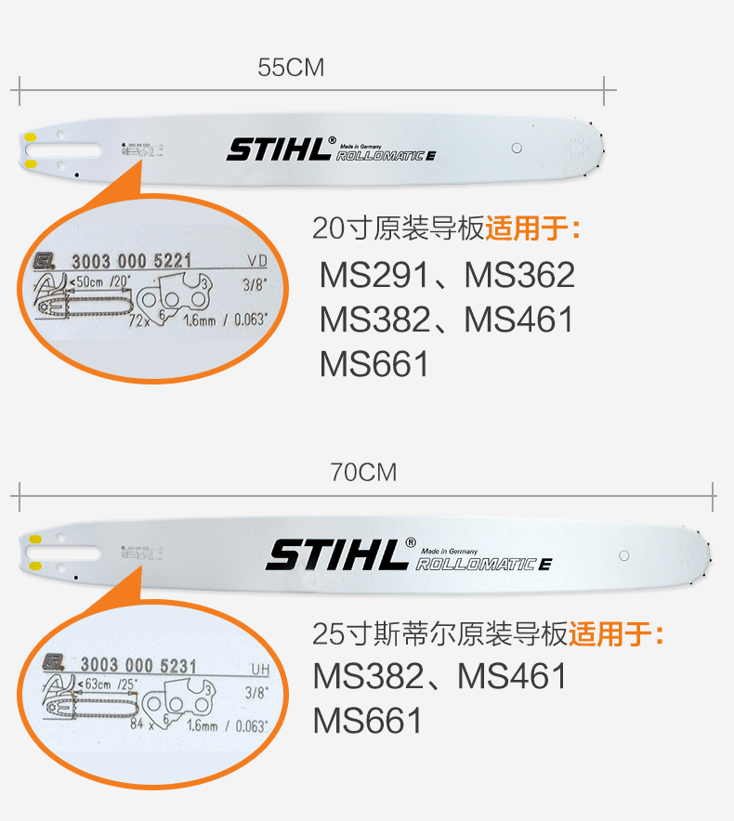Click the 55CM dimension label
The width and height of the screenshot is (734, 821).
click(291, 68)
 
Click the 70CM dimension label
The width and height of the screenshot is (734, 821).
click(363, 473)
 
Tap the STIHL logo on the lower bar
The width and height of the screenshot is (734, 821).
click(337, 554)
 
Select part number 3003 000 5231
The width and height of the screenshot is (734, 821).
click(138, 665)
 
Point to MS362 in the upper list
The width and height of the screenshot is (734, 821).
click(519, 275)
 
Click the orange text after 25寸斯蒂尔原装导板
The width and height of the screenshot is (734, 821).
click(617, 635)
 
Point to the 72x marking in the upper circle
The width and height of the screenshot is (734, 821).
click(140, 320)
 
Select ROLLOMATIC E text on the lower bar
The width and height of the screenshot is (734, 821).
click(483, 564)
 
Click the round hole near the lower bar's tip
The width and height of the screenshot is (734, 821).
click(623, 555)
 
